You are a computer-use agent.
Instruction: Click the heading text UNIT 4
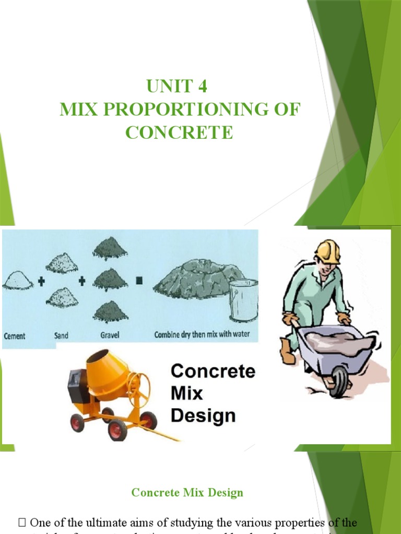click(177, 86)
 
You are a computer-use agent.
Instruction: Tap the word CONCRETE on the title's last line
click(179, 132)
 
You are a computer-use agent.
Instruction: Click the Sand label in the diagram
click(61, 335)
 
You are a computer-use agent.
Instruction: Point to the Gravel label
click(109, 335)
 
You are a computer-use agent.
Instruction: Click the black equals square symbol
click(139, 281)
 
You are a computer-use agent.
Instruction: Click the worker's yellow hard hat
click(328, 251)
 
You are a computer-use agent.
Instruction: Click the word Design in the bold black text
click(203, 416)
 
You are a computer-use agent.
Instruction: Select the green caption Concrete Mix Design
click(187, 492)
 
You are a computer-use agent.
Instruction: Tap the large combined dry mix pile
click(197, 279)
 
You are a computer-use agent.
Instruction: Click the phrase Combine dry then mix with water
click(202, 335)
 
